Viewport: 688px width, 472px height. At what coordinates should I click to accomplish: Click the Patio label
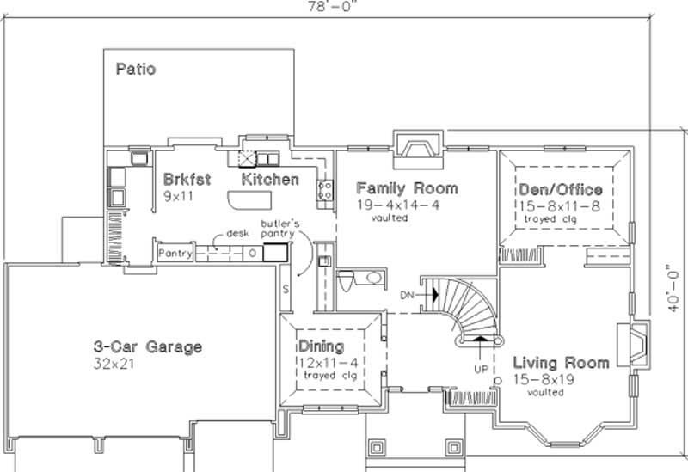click(136, 68)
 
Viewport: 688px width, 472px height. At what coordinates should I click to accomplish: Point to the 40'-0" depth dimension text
click(678, 290)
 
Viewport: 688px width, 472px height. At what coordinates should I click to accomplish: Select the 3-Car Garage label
click(148, 347)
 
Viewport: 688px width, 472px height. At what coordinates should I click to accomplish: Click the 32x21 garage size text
click(114, 364)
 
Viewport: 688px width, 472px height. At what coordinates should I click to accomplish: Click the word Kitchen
click(270, 180)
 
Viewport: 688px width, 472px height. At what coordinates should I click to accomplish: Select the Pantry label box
click(174, 254)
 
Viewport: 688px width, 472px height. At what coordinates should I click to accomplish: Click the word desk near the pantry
click(238, 233)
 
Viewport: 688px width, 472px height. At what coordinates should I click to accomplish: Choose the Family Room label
click(407, 187)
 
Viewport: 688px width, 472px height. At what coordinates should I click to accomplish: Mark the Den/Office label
click(560, 189)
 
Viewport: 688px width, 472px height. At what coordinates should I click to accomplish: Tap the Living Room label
click(561, 362)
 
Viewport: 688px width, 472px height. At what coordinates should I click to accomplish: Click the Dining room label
click(321, 346)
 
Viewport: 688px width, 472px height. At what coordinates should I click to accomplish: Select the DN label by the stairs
click(408, 295)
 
